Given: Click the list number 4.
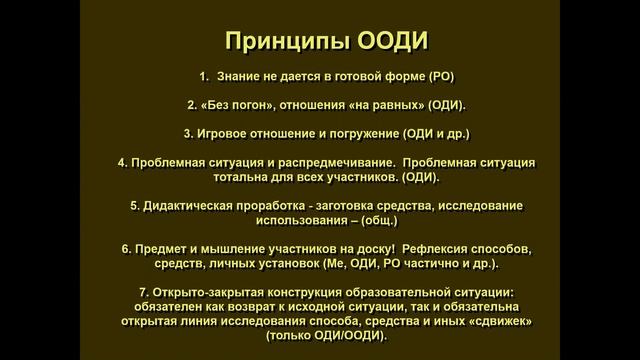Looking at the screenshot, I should click(x=122, y=162).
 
